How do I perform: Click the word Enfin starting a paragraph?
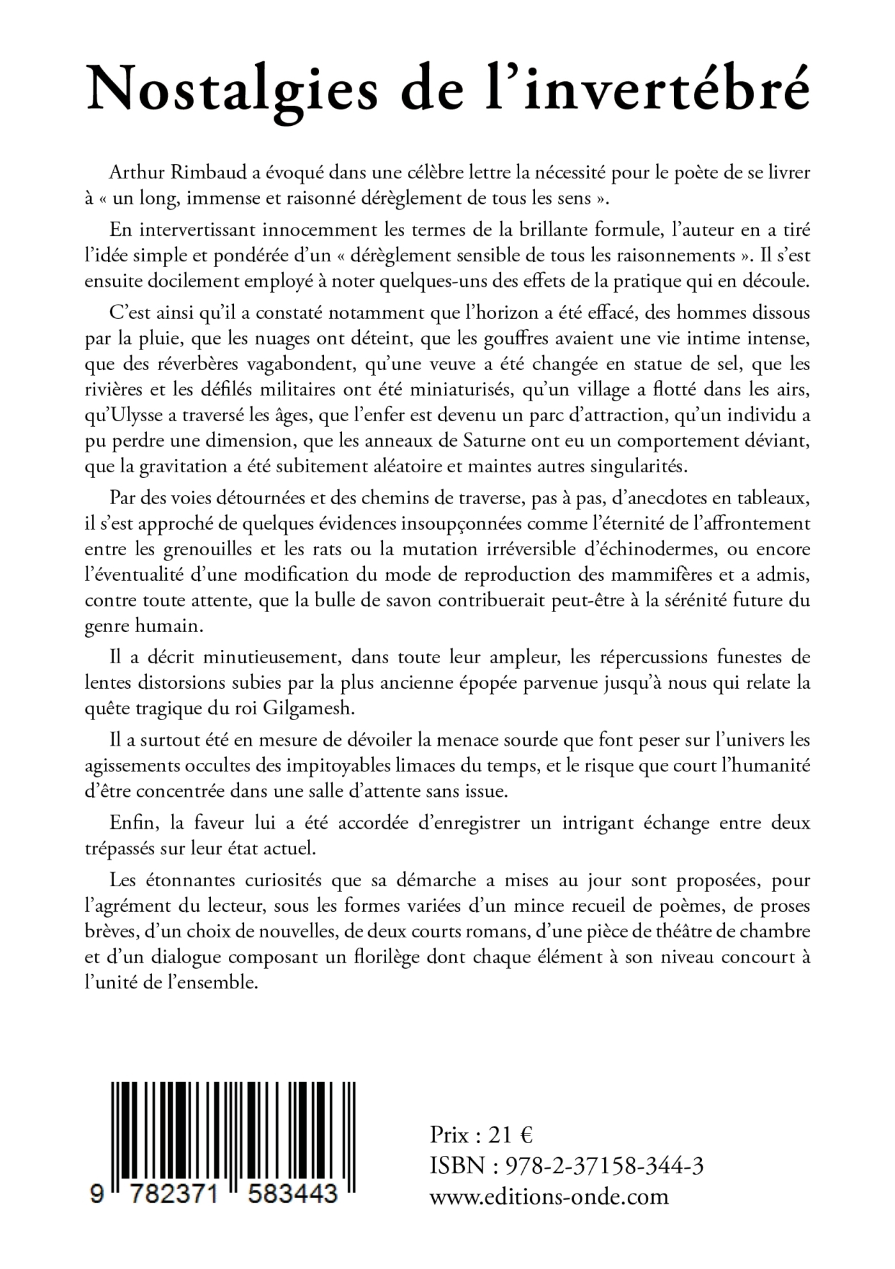point(133,823)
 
